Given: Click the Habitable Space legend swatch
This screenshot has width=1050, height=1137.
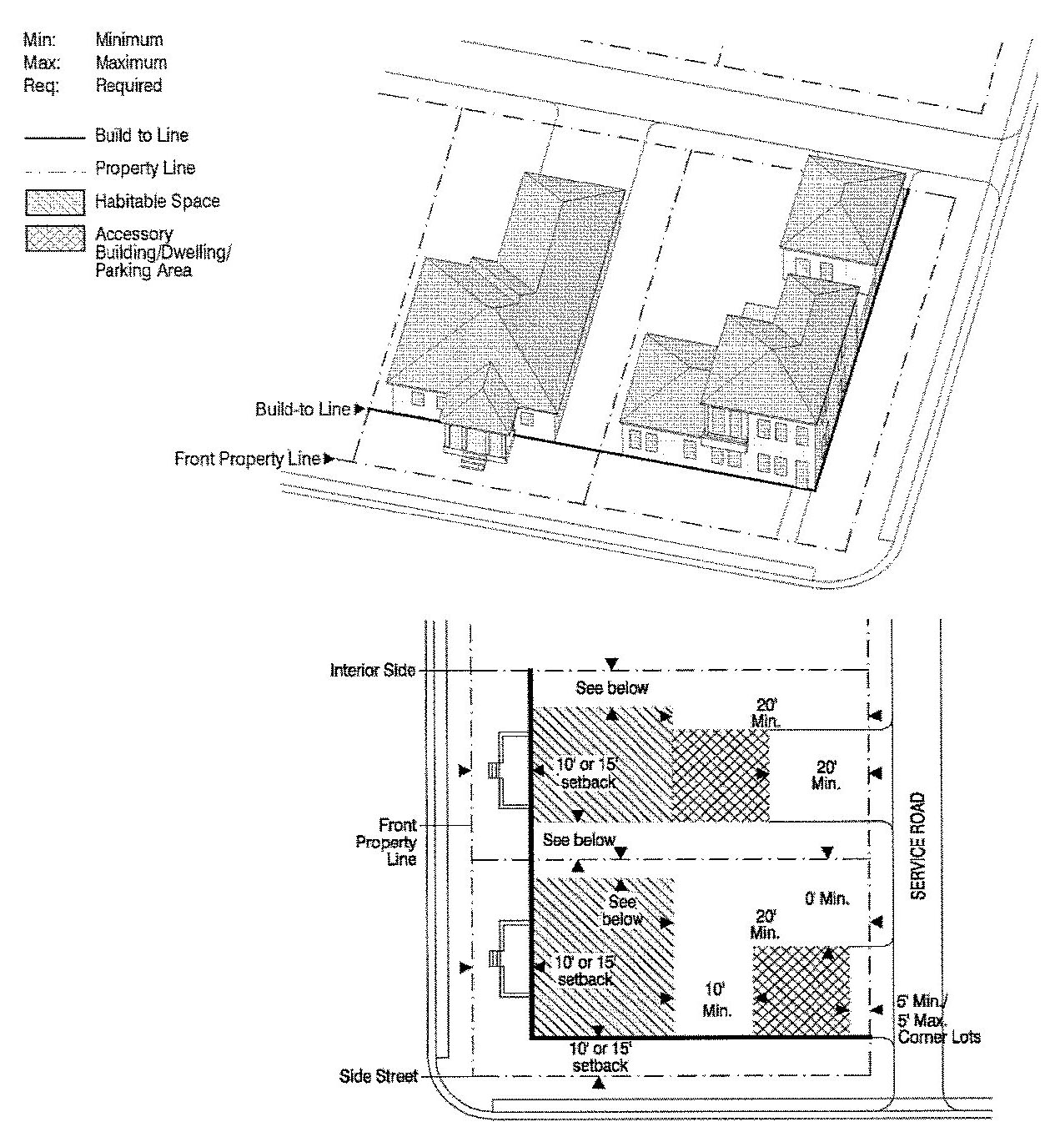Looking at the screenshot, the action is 55,202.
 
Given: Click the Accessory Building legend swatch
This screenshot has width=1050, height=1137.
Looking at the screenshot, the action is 55,239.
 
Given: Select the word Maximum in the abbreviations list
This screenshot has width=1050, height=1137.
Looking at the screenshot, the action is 131,63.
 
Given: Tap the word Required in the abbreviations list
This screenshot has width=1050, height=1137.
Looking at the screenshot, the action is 128,86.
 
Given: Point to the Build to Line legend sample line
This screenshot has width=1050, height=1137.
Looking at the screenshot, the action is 54,138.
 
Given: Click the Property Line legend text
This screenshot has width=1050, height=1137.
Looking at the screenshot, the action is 145,168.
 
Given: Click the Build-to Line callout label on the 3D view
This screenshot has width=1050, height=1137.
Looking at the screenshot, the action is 303,409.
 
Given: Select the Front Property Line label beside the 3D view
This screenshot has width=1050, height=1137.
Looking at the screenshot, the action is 248,459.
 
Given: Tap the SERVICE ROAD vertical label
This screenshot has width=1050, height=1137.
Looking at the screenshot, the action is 917,845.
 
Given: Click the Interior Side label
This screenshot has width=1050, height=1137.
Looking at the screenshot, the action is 373,671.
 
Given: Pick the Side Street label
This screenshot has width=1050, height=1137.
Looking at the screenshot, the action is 379,1076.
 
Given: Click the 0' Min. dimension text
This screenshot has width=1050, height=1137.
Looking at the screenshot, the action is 827,898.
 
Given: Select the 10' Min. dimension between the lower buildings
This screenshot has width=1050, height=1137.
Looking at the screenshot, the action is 716,1000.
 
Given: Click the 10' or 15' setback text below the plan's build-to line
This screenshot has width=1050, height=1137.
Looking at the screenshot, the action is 600,1058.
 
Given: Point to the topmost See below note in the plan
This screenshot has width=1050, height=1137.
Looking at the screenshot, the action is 612,687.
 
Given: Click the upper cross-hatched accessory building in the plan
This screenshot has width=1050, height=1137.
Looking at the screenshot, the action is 721,775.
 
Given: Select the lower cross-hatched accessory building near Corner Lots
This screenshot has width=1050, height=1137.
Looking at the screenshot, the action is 801,990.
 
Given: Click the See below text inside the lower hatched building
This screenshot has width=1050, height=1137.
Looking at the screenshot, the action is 622,910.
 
